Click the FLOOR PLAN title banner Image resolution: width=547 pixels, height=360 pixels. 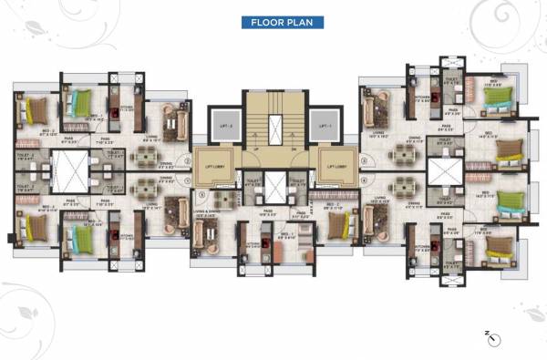tap(282, 22)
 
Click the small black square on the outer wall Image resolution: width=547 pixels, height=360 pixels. tap(10, 240)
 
